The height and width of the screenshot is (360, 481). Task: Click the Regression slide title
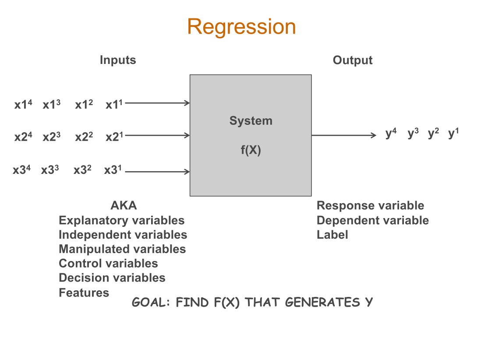coord(241,27)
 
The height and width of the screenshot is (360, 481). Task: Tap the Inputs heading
coord(118,60)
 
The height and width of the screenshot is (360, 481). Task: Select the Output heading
coord(352,60)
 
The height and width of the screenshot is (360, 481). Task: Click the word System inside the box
coord(251,121)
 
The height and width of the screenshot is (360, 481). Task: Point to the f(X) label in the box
coord(251,151)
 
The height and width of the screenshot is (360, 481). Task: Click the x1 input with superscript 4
coord(23,105)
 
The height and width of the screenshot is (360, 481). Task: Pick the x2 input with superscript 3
coord(51,137)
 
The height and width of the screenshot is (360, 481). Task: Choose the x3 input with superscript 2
coord(82,170)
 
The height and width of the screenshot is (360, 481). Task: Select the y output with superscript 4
coord(391,134)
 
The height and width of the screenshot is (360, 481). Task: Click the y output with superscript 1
coord(453,134)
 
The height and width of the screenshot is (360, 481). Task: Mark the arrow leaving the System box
coord(344,135)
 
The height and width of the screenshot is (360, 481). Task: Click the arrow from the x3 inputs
coord(157,172)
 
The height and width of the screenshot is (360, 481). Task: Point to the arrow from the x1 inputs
coord(157,103)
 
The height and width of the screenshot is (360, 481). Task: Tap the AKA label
coord(124,205)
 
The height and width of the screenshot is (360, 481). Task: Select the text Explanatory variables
coord(121,220)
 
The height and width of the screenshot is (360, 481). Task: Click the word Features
coord(84,292)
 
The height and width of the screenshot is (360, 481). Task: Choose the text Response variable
coord(370,205)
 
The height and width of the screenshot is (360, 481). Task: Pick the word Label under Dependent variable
coord(332,234)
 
